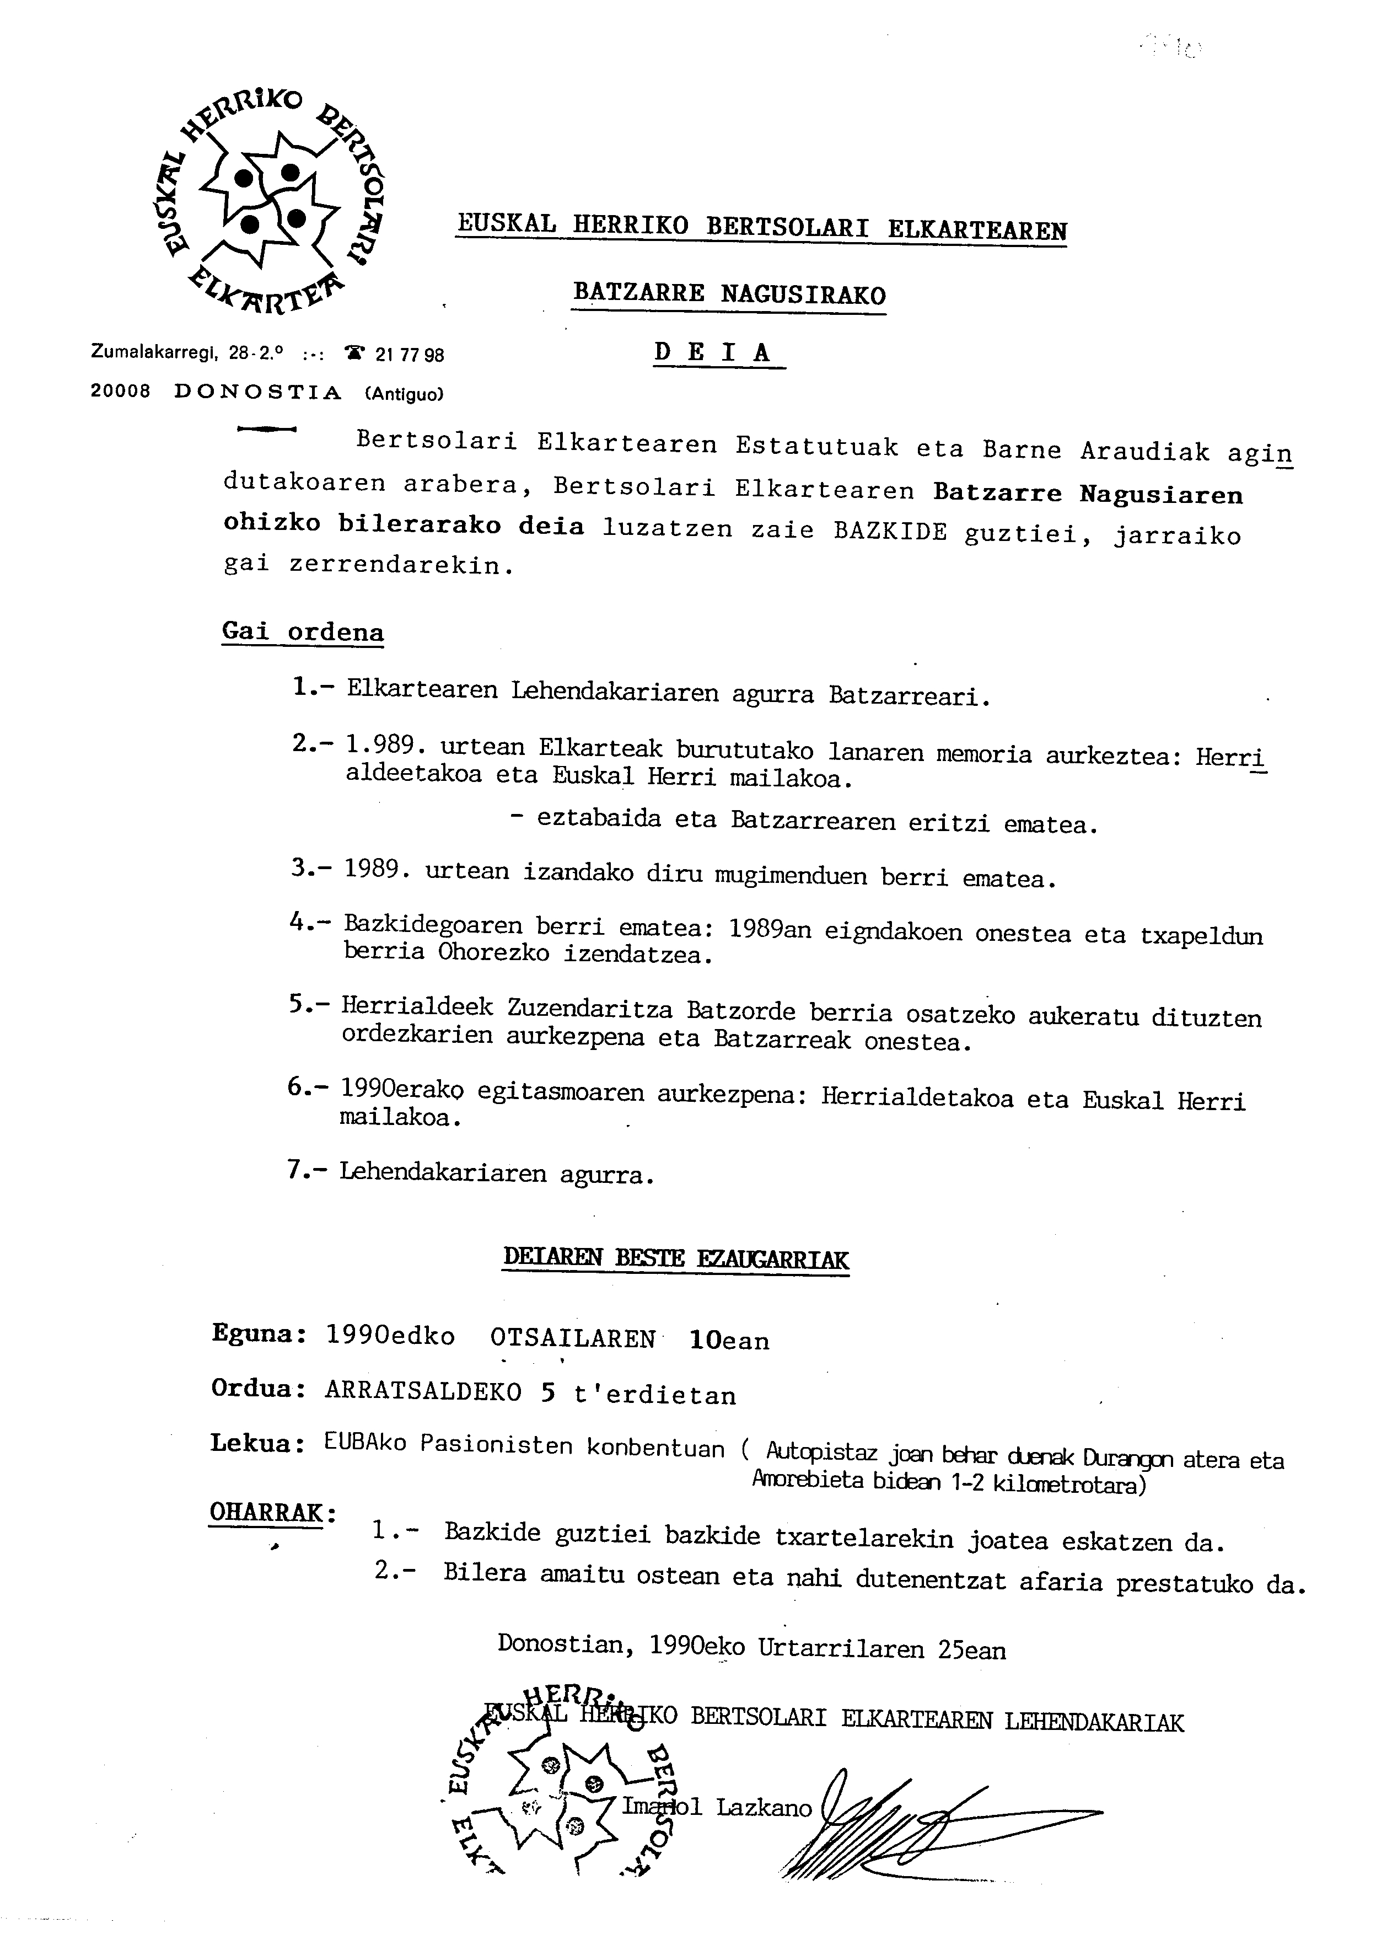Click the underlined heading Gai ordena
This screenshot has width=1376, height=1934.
click(303, 632)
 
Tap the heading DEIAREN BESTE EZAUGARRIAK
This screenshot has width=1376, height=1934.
click(675, 1258)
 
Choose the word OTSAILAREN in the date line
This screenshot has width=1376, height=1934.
click(573, 1339)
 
